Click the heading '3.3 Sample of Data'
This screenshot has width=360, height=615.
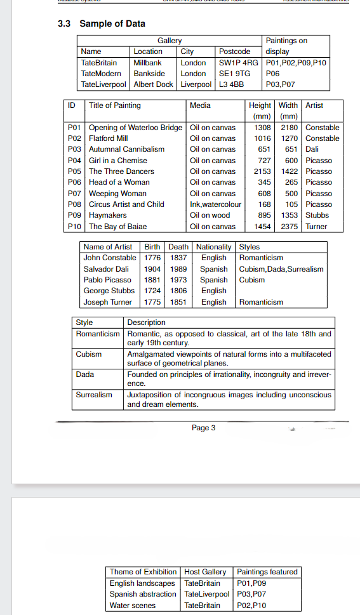pos(112,23)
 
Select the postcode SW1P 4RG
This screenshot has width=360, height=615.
pos(238,63)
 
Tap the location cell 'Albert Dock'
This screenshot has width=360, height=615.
pos(153,84)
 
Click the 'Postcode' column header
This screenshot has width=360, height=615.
pos(234,51)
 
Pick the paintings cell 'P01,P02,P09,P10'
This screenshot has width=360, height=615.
pos(297,63)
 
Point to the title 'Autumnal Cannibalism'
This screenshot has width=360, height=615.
pos(126,149)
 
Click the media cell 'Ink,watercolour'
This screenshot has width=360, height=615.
pos(216,204)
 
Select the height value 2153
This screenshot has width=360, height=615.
pos(262,171)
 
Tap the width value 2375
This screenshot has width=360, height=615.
pos(289,227)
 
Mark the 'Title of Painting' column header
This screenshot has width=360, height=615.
pos(115,105)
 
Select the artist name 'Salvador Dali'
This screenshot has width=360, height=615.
pos(106,269)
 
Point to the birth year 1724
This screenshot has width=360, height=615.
pos(152,291)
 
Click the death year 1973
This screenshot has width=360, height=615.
pos(178,280)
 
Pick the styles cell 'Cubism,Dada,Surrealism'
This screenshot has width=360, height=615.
pos(281,269)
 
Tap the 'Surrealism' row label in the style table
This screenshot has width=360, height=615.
pos(94,395)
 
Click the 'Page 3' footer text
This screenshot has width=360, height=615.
pos(203,428)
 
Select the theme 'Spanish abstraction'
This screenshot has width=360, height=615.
pos(143,594)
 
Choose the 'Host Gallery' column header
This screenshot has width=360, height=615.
pos(205,572)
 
